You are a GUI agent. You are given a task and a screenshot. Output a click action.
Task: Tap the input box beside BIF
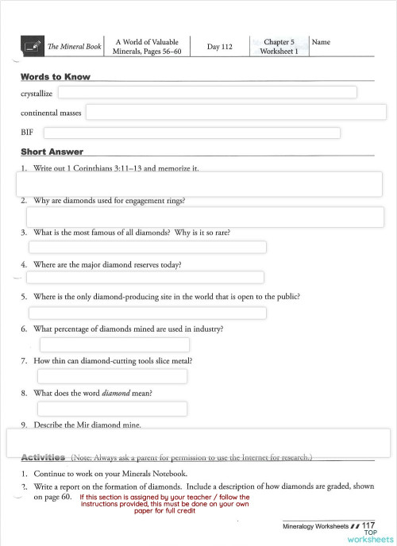[191, 133]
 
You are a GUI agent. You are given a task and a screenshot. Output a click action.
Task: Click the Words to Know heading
[55, 77]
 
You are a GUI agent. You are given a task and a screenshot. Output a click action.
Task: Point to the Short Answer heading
[52, 152]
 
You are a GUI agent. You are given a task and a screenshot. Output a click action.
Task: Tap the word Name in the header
[322, 42]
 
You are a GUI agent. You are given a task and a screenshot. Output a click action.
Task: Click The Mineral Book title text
[75, 48]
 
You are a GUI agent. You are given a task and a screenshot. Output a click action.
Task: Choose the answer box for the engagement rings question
[205, 217]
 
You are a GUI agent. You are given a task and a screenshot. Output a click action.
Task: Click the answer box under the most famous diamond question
[148, 248]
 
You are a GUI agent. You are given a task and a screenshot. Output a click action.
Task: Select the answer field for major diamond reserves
[145, 277]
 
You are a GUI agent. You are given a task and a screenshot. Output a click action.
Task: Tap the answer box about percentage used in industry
[114, 344]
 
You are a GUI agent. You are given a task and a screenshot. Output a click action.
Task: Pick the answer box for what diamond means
[112, 408]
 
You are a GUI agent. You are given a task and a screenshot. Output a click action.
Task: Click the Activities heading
[43, 458]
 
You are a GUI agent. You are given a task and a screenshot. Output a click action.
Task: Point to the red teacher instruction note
[164, 504]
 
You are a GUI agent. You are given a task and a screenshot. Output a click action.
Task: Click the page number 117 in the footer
[368, 525]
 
